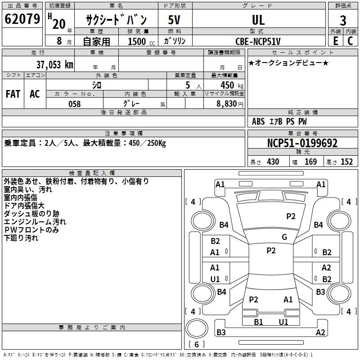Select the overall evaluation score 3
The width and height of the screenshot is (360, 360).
coord(343,20)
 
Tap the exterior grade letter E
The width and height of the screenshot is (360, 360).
coord(335,40)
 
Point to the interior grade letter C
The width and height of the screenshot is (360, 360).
coord(350,40)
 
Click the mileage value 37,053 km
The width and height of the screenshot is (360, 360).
coord(54,64)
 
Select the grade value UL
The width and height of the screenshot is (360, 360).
coord(258,20)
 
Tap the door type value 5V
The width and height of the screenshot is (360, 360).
coord(175,20)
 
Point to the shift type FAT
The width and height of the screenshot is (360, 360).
coord(13,94)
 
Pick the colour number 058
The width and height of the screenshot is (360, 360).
coord(74,104)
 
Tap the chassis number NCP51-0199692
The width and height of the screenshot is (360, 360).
coord(302,143)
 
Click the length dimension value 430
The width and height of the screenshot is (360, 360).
coord(273,162)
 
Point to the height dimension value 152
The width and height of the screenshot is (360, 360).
coord(346,162)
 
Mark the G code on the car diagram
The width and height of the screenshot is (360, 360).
coord(284,237)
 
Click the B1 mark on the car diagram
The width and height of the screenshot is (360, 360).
coord(258,322)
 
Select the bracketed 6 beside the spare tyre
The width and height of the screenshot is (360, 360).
coord(197,344)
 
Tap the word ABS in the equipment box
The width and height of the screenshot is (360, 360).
coord(258,121)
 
